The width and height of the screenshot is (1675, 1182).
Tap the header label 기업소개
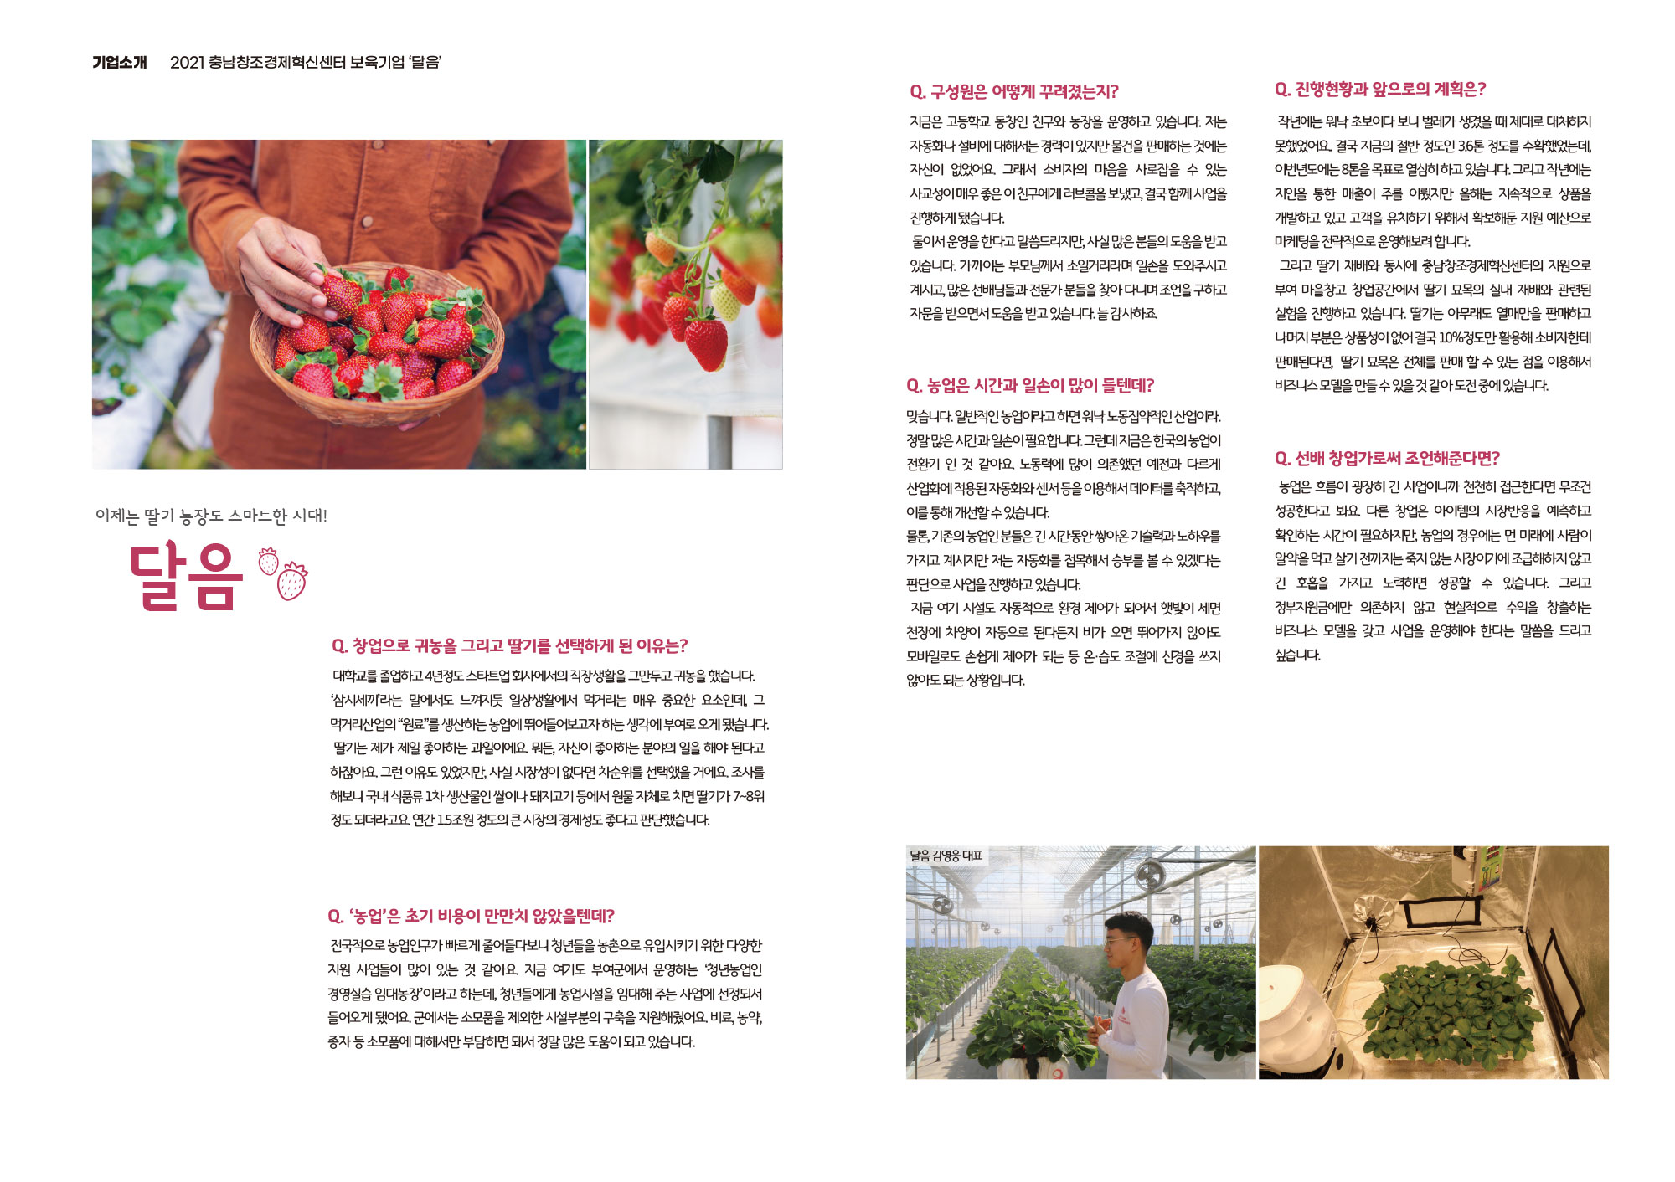pos(120,62)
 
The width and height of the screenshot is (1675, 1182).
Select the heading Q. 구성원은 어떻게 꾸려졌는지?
pos(1013,91)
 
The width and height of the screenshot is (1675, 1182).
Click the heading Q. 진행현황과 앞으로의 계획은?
pos(1379,89)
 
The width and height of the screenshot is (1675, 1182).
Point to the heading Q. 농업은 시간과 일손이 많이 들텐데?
pos(1029,385)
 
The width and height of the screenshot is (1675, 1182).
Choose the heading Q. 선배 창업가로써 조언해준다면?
pos(1387,458)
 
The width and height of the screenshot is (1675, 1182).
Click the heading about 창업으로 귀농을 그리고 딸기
pos(509,645)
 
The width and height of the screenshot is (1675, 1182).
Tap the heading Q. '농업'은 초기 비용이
pos(471,916)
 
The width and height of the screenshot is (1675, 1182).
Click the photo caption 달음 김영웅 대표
pos(946,855)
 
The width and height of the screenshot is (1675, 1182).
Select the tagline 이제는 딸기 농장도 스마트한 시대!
pos(211,516)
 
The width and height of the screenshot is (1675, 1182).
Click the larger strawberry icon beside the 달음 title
pos(292,580)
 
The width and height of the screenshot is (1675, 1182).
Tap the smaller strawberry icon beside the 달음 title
pos(268,561)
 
